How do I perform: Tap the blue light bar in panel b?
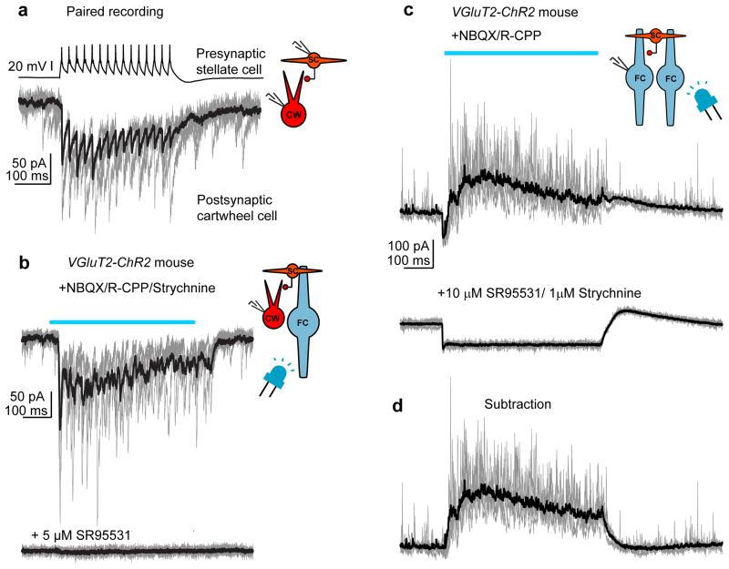click(122, 321)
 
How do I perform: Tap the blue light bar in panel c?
click(520, 53)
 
